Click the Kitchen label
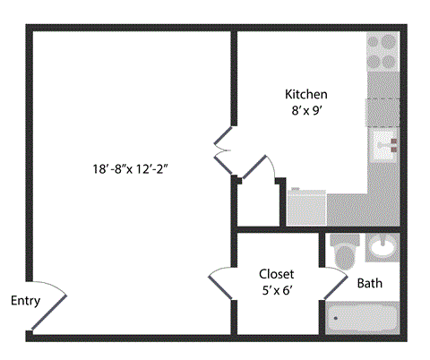coord(305,94)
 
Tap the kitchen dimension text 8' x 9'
coord(305,112)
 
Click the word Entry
coord(25,301)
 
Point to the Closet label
coord(276,274)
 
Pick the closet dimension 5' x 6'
coord(276,291)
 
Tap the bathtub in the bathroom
coord(362,317)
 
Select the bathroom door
coord(333,285)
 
